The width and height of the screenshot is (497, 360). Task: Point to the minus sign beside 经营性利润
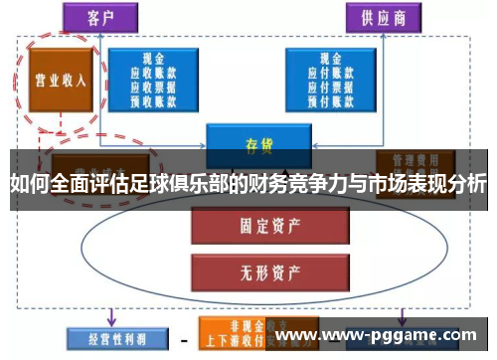(184, 339)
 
